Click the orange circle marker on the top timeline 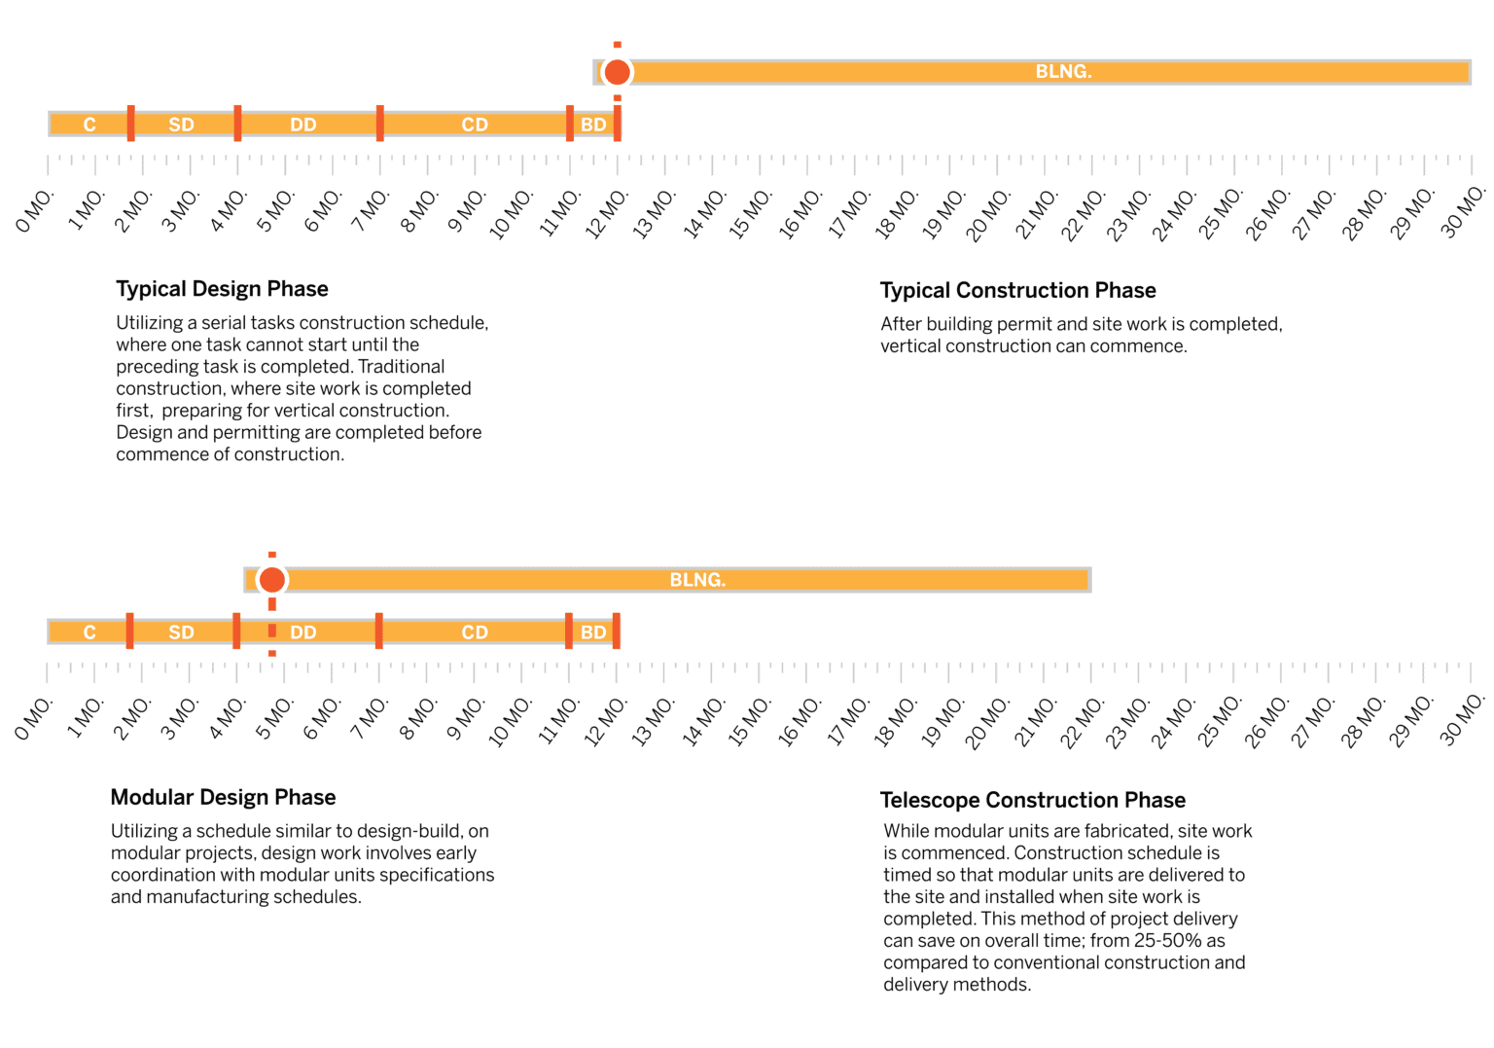[617, 72]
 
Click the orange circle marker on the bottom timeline [272, 580]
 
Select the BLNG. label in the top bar [1063, 72]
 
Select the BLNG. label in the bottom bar [697, 580]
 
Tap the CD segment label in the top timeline [475, 125]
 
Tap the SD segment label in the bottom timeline [181, 632]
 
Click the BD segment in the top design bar [593, 125]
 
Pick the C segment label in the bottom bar [89, 632]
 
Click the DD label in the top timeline [303, 125]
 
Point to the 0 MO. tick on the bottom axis [34, 719]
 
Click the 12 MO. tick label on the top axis [606, 213]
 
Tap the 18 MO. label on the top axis [896, 213]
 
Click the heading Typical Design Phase [222, 289]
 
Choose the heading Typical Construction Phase [1017, 291]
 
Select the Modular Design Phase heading [223, 798]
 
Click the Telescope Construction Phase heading [1032, 801]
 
